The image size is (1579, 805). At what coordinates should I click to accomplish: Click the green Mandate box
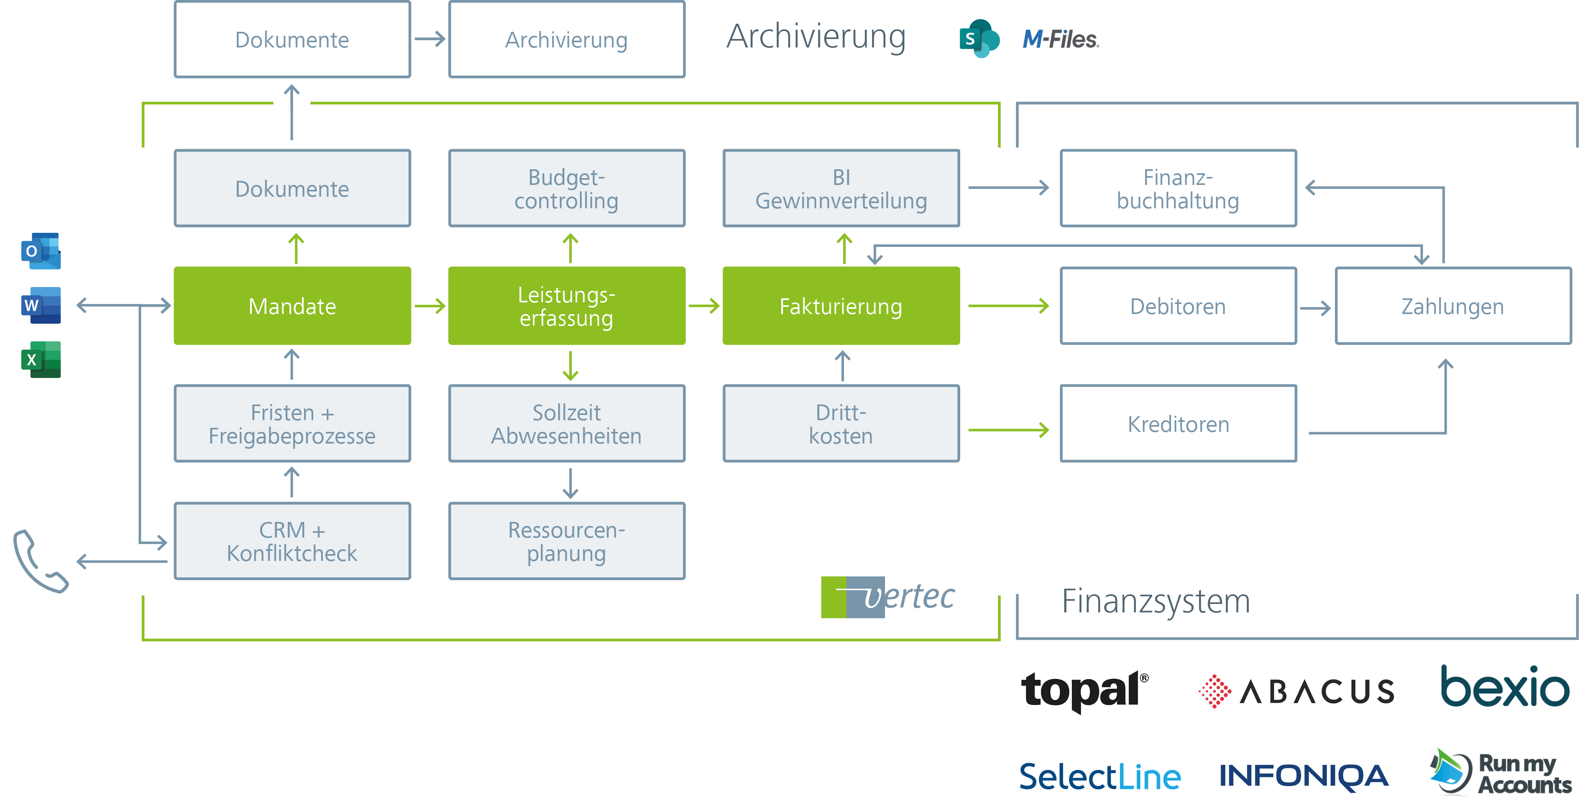tap(292, 306)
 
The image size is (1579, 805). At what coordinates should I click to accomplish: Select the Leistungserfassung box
tap(567, 306)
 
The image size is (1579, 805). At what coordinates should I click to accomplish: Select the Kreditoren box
tap(1177, 424)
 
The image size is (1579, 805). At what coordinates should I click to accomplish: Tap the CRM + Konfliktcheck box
tap(292, 541)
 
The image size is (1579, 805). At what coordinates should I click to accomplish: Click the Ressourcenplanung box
tap(567, 541)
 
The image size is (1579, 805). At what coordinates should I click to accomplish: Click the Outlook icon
tap(41, 251)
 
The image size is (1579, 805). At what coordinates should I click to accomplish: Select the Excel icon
tap(41, 359)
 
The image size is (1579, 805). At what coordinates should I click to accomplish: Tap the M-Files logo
tap(1060, 40)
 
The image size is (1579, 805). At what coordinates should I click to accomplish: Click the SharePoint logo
tap(979, 39)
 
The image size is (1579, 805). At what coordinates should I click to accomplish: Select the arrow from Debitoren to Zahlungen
tap(1315, 308)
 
